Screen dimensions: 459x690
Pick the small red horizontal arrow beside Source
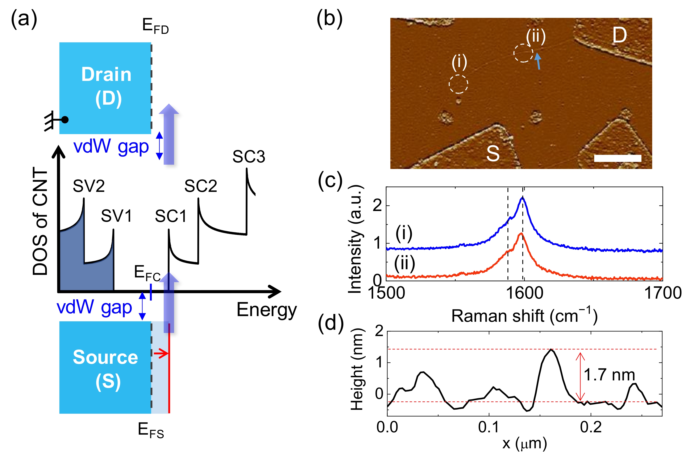point(161,354)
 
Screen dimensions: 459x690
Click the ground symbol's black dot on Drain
point(65,120)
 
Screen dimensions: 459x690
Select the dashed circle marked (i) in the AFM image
point(458,84)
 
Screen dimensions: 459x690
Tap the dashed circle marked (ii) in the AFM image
point(523,53)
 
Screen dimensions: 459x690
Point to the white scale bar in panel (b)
point(618,158)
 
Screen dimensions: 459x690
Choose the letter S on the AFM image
point(493,153)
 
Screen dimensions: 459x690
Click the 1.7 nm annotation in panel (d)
point(609,375)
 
